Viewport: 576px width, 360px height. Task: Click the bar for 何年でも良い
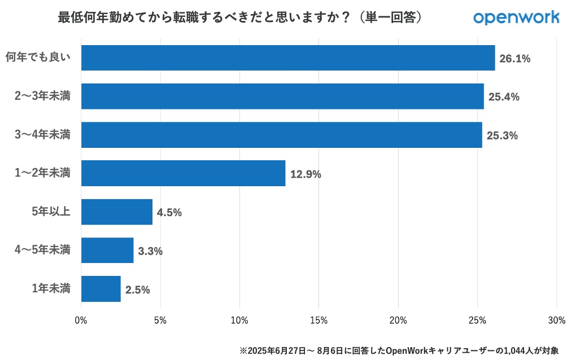tap(288, 58)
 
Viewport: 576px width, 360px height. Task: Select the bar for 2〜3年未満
tap(282, 96)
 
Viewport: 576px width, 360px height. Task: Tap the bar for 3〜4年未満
tap(281, 135)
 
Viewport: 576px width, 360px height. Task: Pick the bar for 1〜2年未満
tap(183, 173)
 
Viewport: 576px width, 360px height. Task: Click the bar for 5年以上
tap(117, 212)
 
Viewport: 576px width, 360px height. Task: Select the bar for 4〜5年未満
tap(107, 250)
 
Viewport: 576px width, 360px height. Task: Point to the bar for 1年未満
tap(101, 288)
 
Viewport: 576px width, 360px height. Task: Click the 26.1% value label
tap(514, 58)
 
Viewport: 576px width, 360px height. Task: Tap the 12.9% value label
tap(306, 174)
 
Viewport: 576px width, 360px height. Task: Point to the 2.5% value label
tap(137, 289)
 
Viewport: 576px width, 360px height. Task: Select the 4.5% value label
tap(169, 212)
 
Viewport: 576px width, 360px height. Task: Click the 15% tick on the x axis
tap(319, 321)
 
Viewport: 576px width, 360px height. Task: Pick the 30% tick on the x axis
tap(556, 321)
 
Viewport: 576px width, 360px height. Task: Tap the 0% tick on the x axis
tap(81, 321)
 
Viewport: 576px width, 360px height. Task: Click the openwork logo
tap(516, 17)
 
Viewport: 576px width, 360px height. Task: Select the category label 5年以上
tap(51, 212)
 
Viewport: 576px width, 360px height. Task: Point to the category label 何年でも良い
tap(38, 58)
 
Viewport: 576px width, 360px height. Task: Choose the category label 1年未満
tap(51, 288)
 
